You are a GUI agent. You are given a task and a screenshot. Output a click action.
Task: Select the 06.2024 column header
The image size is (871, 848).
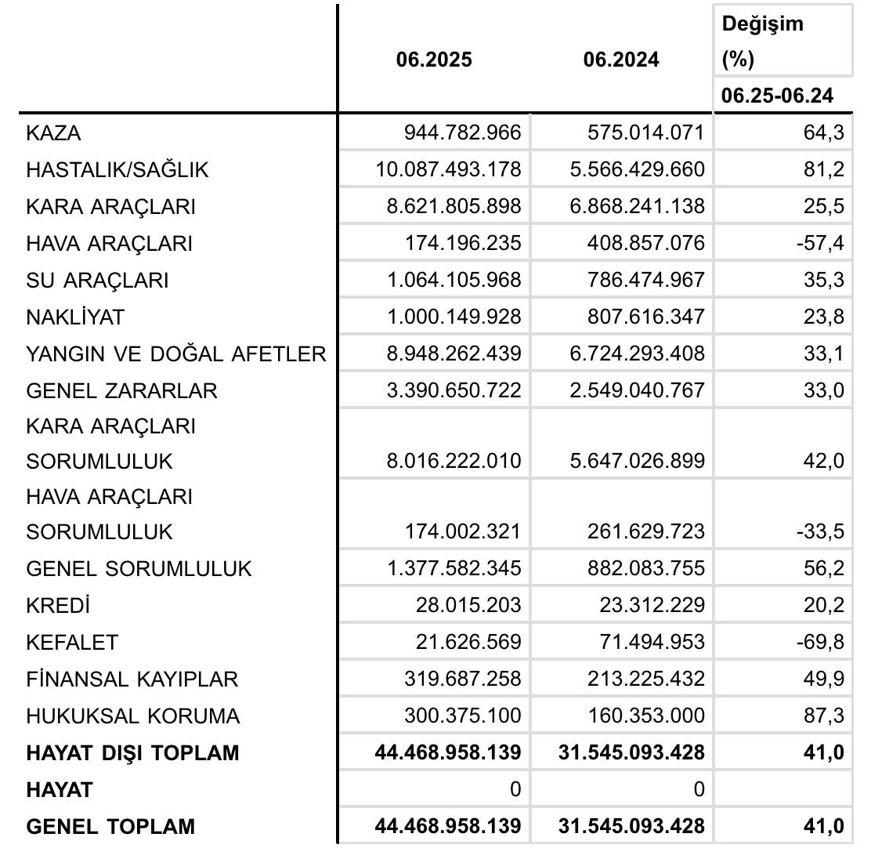[621, 60]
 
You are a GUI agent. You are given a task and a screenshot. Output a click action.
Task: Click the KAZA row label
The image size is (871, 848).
[53, 133]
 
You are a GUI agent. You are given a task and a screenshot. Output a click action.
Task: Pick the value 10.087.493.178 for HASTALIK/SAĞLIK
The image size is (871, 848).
[449, 170]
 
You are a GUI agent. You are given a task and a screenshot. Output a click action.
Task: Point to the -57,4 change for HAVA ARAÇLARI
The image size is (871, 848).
[822, 244]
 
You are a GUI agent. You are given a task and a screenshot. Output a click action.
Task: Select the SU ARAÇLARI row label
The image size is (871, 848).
[97, 281]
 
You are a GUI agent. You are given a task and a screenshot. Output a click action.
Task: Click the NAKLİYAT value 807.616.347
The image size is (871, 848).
[645, 317]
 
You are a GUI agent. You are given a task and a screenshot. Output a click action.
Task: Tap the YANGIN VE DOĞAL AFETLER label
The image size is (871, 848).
[175, 354]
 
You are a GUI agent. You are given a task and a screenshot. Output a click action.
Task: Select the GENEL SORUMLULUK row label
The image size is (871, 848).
[139, 569]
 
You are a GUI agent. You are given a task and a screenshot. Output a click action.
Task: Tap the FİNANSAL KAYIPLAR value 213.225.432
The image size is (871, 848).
[645, 679]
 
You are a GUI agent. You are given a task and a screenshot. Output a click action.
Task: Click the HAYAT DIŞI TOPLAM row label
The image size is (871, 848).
[132, 753]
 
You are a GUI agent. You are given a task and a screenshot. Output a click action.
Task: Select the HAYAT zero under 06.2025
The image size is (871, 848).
[515, 790]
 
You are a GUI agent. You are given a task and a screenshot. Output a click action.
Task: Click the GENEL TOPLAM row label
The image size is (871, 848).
[110, 827]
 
